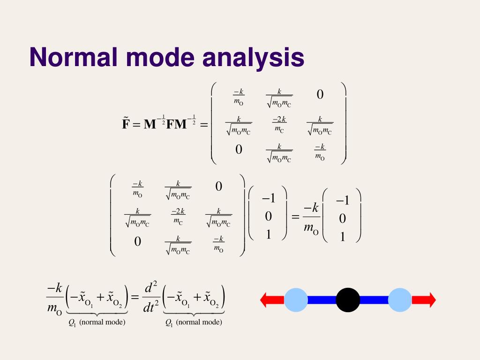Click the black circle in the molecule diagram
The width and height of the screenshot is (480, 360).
point(348,300)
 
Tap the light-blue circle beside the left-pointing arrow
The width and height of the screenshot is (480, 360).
point(296,300)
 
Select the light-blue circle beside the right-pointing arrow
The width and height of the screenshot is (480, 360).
point(399,300)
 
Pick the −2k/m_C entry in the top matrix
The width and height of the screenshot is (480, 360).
point(279,124)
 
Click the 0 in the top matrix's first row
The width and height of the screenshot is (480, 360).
point(320,95)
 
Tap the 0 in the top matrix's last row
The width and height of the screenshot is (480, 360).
point(239,150)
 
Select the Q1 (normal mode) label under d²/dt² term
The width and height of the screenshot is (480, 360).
point(193,322)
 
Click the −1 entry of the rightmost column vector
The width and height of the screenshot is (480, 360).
point(343,201)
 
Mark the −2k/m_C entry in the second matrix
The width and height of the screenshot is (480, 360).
point(178,216)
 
